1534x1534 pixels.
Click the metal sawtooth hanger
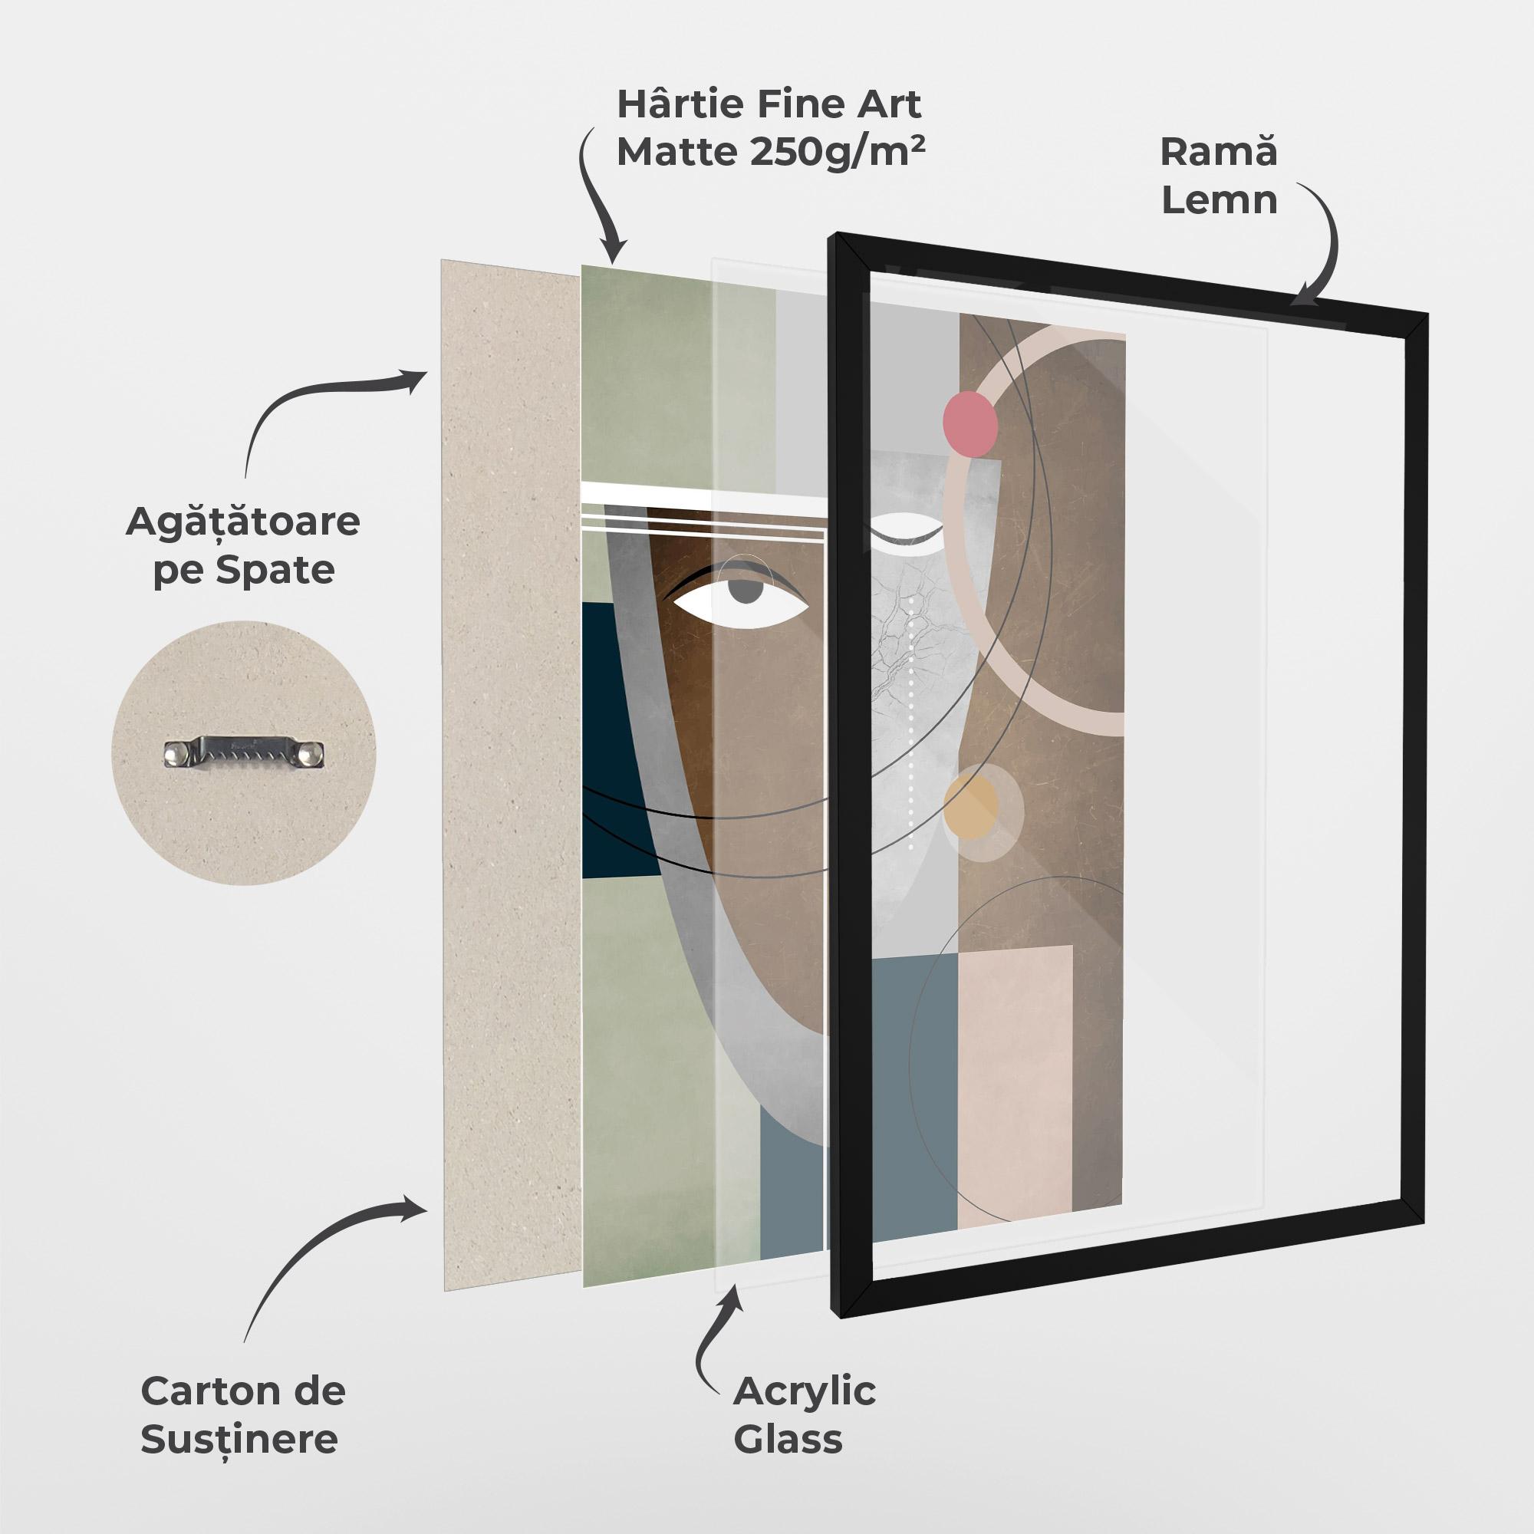pyautogui.click(x=245, y=752)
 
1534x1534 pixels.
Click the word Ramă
pyautogui.click(x=1219, y=151)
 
